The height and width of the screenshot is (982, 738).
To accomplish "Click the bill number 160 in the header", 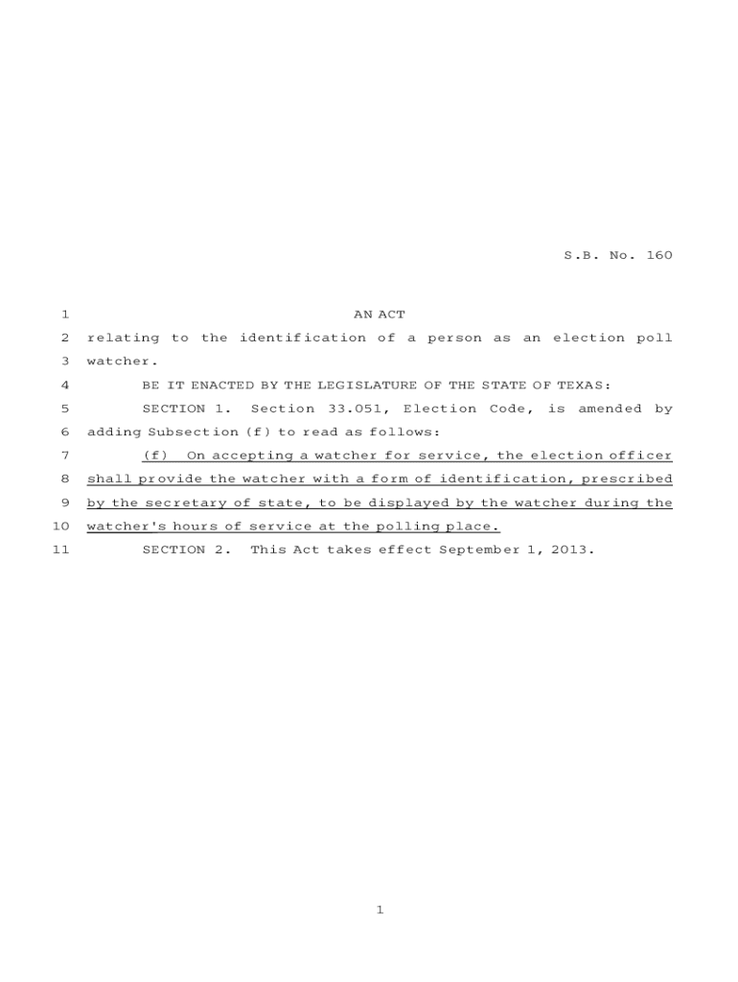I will [x=659, y=256].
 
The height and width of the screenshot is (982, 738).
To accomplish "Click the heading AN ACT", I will [x=380, y=315].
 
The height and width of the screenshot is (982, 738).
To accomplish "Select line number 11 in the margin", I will [x=60, y=550].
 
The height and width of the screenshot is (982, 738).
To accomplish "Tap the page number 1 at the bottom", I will [x=380, y=910].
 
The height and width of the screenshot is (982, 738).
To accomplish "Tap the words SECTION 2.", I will [x=186, y=550].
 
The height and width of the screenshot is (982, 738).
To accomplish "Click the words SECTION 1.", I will [x=186, y=409].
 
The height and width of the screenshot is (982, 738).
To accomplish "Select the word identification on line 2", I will [x=302, y=339].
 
